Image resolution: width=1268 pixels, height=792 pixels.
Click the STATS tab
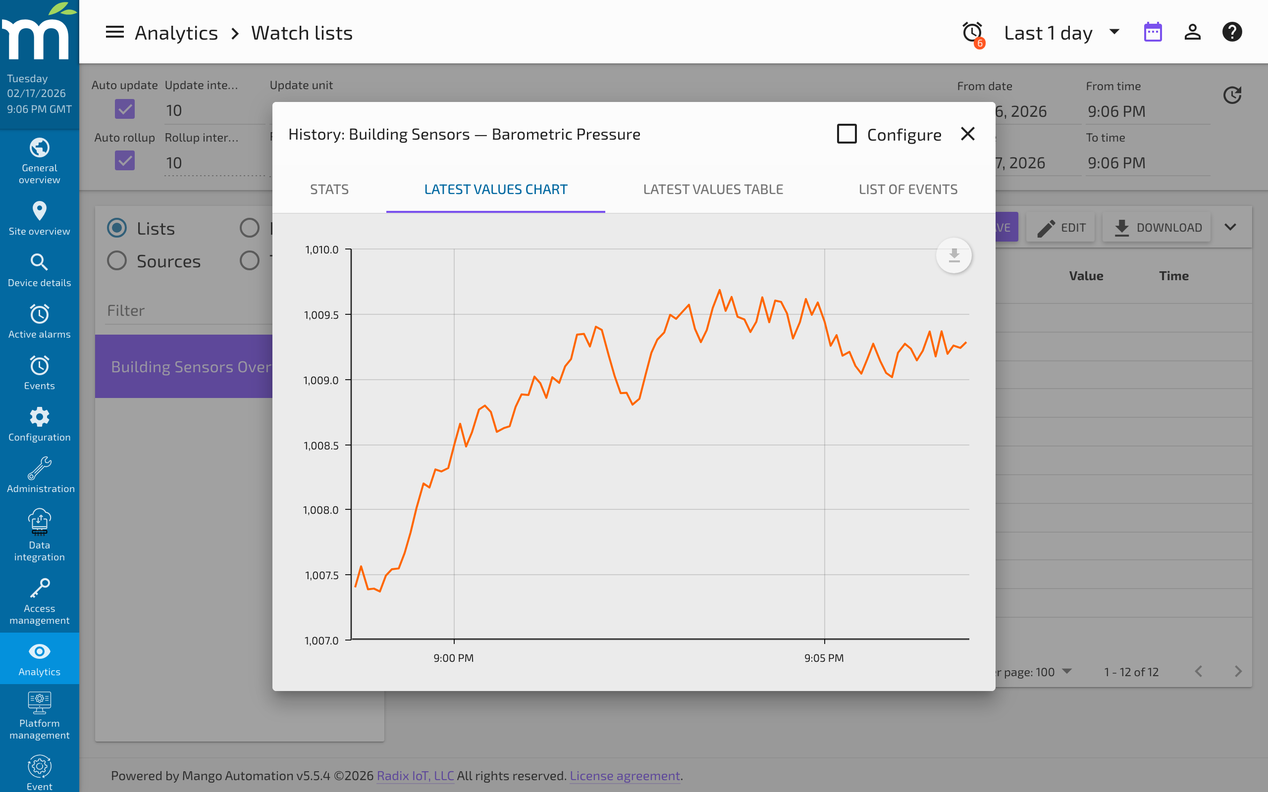click(x=329, y=189)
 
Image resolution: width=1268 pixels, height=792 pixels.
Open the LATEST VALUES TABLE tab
click(x=713, y=189)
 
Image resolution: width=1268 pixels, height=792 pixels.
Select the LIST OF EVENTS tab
click(x=907, y=189)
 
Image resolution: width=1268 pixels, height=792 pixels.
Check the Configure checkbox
click(x=846, y=134)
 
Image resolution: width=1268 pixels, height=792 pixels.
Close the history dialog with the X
click(x=967, y=134)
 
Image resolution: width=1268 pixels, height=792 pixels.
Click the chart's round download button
click(x=953, y=255)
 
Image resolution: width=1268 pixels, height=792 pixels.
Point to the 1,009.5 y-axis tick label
click(x=321, y=315)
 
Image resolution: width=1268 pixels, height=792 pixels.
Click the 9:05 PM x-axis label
click(x=824, y=658)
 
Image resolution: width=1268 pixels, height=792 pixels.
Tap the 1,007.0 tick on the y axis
click(x=321, y=640)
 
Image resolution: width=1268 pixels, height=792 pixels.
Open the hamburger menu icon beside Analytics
click(x=115, y=33)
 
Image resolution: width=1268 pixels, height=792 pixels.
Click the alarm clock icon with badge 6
click(x=972, y=33)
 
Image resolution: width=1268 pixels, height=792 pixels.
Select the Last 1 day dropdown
click(x=1061, y=33)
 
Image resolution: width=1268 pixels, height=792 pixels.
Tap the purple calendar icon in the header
click(x=1153, y=33)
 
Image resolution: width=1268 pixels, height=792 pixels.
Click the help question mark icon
click(x=1232, y=33)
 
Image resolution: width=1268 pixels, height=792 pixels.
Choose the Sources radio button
click(x=117, y=260)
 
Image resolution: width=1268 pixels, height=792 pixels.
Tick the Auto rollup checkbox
click(x=125, y=161)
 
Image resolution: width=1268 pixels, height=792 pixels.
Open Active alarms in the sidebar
click(x=39, y=321)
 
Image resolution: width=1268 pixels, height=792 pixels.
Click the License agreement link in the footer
click(x=625, y=775)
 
